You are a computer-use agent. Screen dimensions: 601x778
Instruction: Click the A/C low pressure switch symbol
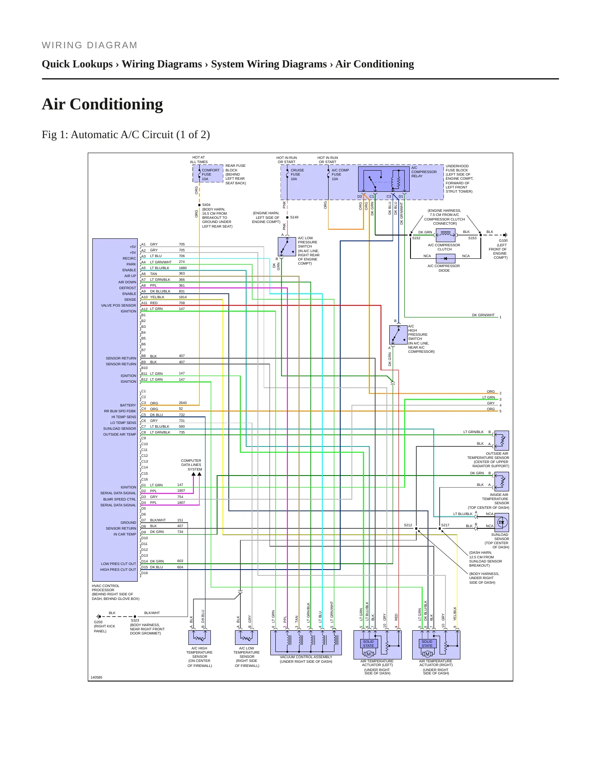(x=287, y=247)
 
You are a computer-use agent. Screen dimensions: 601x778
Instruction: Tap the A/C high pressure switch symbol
(x=398, y=335)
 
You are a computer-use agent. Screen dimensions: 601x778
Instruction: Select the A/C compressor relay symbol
(x=384, y=179)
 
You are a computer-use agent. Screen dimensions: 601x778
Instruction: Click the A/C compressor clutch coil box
(x=445, y=235)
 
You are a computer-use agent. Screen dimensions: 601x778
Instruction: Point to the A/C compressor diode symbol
(x=445, y=258)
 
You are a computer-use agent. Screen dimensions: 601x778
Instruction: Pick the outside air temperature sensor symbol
(x=502, y=441)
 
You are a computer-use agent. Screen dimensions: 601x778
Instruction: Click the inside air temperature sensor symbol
(x=502, y=482)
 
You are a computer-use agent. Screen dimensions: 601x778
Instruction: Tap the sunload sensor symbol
(x=502, y=522)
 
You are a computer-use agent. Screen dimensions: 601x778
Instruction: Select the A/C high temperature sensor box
(x=200, y=638)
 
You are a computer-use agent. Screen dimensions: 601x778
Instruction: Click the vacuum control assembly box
(x=306, y=643)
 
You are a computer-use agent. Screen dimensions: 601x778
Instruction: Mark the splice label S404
(x=206, y=205)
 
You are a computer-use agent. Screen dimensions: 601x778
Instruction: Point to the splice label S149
(x=294, y=217)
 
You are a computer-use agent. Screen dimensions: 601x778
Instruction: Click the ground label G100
(x=503, y=240)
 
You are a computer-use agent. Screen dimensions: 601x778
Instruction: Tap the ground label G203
(x=98, y=622)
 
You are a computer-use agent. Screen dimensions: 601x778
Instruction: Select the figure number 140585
(x=96, y=677)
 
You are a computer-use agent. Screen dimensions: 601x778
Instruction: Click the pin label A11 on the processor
(x=144, y=303)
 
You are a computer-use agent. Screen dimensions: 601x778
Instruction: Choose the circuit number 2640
(x=183, y=403)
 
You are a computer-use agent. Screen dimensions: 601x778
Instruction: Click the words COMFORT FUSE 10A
(x=210, y=174)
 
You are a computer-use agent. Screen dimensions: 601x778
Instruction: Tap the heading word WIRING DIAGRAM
(x=89, y=45)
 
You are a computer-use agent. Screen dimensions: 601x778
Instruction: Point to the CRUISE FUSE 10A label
(x=297, y=174)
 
